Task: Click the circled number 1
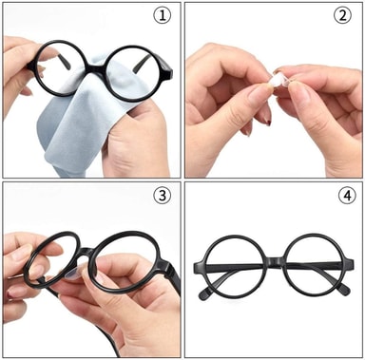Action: coord(162,15)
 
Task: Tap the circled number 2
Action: coord(343,15)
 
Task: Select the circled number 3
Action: coord(162,196)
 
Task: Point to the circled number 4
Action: coord(348,196)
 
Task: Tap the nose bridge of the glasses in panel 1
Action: coord(96,69)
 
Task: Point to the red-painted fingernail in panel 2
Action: coord(268,121)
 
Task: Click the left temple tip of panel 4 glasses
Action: coord(203,294)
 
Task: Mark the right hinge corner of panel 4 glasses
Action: coord(349,264)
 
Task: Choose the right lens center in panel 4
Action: coord(314,263)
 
